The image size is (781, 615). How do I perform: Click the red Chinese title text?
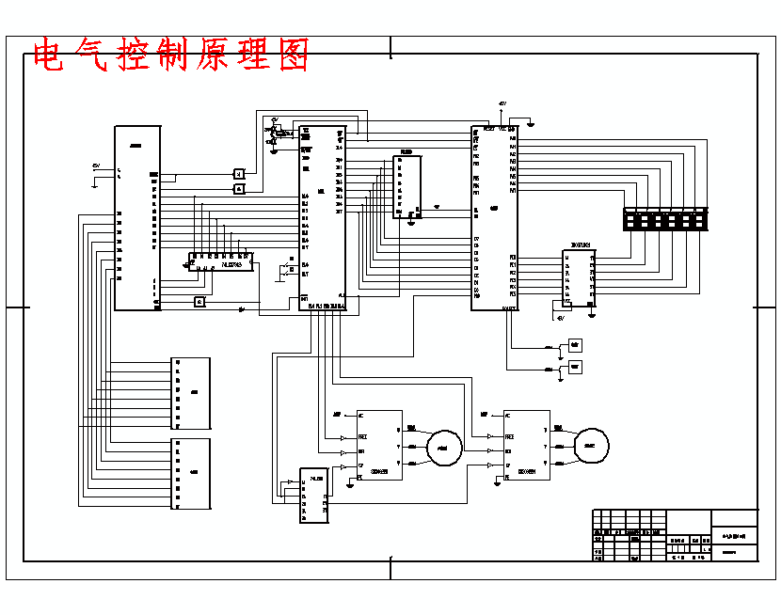click(170, 55)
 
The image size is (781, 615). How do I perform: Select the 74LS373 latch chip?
click(221, 260)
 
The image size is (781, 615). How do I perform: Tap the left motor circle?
click(443, 448)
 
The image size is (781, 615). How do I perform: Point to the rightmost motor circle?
click(592, 446)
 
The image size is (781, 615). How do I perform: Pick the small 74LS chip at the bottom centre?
click(313, 495)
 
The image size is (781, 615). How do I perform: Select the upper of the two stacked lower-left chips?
click(191, 393)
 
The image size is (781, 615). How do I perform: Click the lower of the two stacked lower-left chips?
click(191, 473)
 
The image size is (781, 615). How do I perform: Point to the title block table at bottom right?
click(675, 536)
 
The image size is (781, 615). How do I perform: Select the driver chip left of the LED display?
click(579, 278)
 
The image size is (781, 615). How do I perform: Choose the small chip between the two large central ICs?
click(406, 186)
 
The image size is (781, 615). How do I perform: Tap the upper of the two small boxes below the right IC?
click(575, 345)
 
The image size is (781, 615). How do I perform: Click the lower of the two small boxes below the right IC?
click(575, 366)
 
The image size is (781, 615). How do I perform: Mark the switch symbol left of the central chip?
click(283, 272)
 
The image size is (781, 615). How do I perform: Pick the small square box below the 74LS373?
click(199, 301)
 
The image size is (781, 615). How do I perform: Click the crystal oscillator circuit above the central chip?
click(275, 134)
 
